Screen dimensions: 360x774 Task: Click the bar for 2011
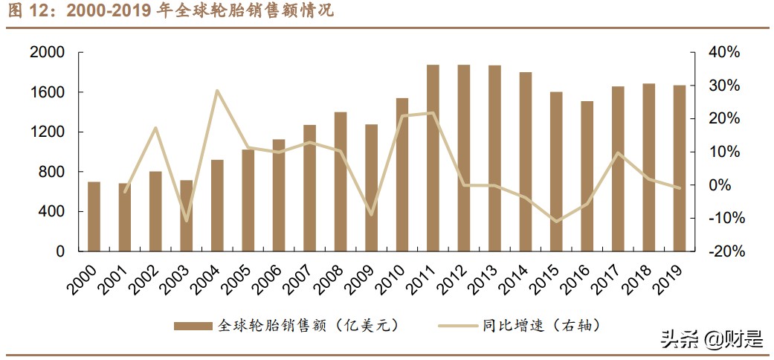pyautogui.click(x=433, y=158)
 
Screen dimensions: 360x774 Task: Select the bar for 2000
pyautogui.click(x=94, y=216)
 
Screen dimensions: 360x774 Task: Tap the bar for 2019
pyautogui.click(x=680, y=168)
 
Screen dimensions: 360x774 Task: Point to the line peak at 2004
pyautogui.click(x=217, y=91)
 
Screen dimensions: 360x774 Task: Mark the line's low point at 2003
pyautogui.click(x=186, y=221)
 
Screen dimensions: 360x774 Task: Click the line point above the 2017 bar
pyautogui.click(x=618, y=152)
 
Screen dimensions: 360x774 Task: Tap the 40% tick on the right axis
pyautogui.click(x=724, y=53)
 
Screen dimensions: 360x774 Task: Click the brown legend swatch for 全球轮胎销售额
pyautogui.click(x=194, y=325)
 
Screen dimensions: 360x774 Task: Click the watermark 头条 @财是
pyautogui.click(x=711, y=340)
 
